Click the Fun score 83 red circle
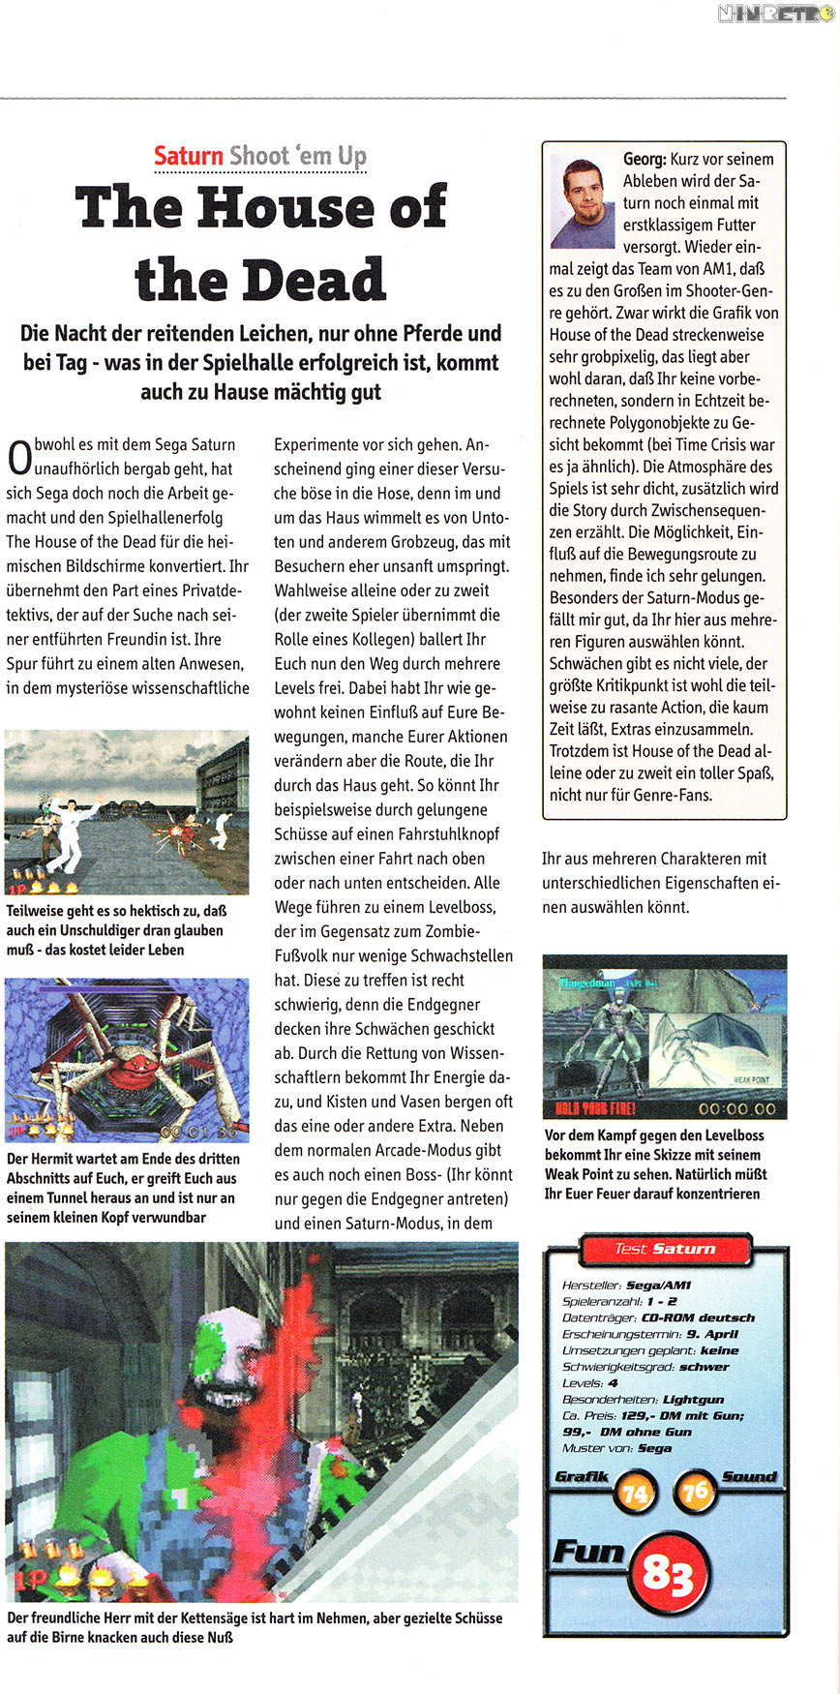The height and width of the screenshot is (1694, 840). [x=667, y=1575]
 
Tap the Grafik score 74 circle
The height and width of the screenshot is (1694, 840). [x=635, y=1494]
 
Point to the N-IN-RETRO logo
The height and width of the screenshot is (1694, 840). [x=776, y=14]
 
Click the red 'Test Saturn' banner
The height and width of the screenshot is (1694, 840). [x=665, y=1249]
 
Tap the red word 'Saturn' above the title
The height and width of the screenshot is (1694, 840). [x=189, y=156]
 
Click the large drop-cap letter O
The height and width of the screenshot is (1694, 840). [x=18, y=458]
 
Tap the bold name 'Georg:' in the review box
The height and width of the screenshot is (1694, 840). [x=645, y=159]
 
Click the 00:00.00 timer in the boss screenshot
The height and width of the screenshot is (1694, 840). [x=736, y=1108]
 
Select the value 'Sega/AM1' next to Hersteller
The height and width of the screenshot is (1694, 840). [x=659, y=1286]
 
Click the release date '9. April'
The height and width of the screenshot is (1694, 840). [x=712, y=1334]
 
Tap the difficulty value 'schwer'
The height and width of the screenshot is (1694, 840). [x=704, y=1367]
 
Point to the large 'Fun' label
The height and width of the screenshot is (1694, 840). [x=588, y=1552]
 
